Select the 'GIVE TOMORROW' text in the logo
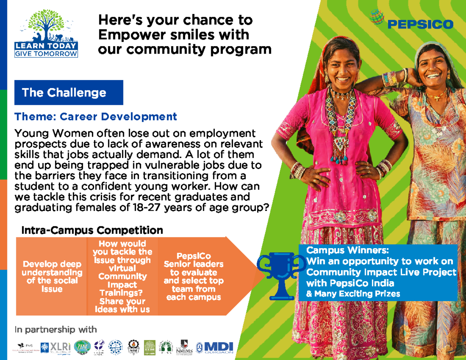(46, 54)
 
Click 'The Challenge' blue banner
(69, 92)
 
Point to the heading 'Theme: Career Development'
(96, 117)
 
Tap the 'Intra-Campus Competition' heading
(92, 231)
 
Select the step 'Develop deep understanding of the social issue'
(52, 276)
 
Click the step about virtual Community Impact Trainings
(122, 276)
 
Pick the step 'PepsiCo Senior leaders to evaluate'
(193, 276)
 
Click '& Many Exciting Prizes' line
(353, 294)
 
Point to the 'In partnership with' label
(56, 330)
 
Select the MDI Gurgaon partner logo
(215, 347)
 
